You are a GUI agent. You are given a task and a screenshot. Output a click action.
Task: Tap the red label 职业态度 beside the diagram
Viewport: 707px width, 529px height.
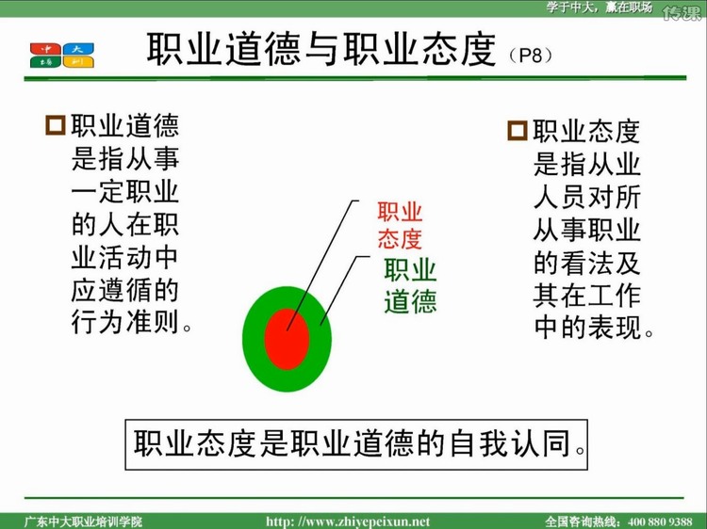[400, 225]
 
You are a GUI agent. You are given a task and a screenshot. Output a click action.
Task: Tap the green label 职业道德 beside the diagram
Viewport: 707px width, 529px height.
[410, 286]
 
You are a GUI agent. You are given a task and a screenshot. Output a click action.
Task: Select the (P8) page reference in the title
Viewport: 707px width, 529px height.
[531, 56]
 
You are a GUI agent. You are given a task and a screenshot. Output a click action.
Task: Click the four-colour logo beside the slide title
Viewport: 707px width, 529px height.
[62, 56]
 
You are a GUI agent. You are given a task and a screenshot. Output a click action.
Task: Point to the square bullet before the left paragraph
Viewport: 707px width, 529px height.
[56, 125]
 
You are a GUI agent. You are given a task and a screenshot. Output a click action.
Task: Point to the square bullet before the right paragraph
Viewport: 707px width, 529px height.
[518, 131]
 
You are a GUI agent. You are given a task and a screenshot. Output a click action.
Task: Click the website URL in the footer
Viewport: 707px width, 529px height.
[348, 521]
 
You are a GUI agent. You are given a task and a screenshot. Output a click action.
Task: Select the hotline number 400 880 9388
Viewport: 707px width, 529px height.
[660, 521]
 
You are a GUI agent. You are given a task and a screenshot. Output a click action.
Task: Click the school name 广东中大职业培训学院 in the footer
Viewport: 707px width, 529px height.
[83, 521]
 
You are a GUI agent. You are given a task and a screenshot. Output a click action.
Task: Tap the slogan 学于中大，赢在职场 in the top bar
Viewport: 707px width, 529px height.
[600, 8]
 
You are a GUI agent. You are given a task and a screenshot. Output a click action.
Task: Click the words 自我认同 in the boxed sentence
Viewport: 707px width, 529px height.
[509, 443]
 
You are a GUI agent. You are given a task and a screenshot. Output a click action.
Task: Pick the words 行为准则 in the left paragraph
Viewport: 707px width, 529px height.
[124, 322]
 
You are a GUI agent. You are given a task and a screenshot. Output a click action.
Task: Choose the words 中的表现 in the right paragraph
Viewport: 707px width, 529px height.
[587, 328]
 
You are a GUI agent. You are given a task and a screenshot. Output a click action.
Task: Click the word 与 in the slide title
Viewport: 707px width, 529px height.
[322, 50]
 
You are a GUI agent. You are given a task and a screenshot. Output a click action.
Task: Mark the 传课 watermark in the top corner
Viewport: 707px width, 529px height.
[682, 12]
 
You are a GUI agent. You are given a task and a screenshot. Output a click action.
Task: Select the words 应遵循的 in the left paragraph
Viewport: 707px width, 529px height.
[124, 290]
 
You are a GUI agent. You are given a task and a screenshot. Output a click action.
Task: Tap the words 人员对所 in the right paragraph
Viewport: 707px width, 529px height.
[587, 197]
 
